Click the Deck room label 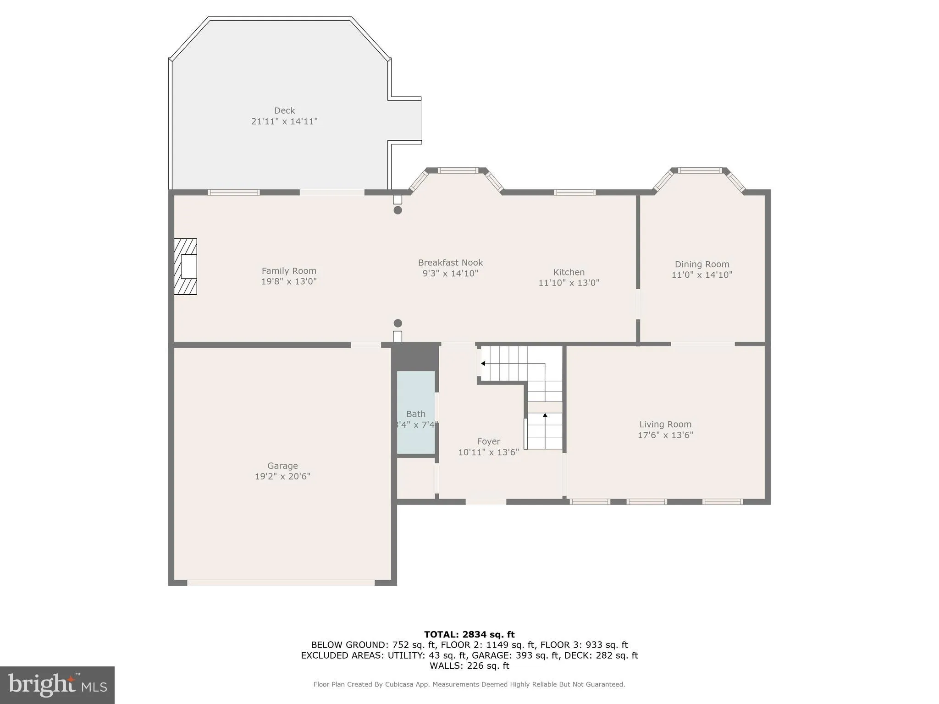coord(284,110)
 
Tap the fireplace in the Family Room coord(186,266)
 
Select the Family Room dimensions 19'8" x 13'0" coord(289,281)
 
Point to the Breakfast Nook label coord(450,263)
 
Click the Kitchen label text coord(569,272)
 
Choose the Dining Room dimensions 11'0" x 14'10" coord(701,275)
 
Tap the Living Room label coord(665,424)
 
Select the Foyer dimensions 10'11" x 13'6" coord(488,452)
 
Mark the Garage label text coord(282,466)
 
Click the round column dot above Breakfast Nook coord(398,210)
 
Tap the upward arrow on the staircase coord(545,415)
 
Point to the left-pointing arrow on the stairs coord(483,363)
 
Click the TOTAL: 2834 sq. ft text coord(469,635)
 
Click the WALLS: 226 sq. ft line coord(469,666)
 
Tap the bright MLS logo coord(57,685)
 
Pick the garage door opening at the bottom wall coord(281,583)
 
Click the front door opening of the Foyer coord(486,502)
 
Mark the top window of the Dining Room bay coord(700,170)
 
